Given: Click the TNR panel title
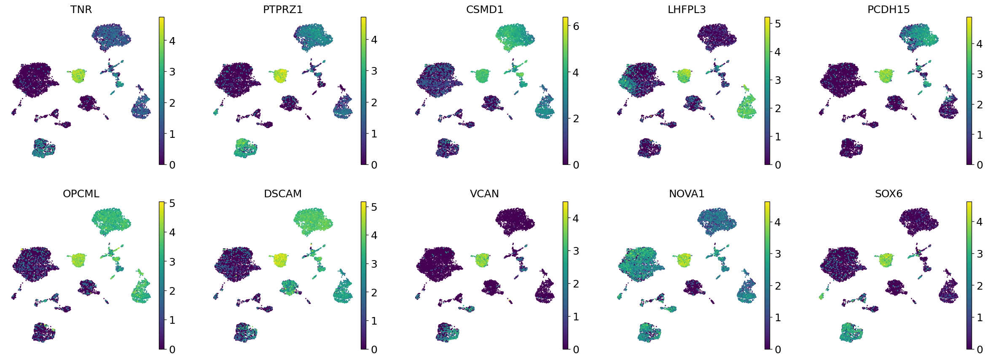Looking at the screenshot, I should pyautogui.click(x=81, y=9).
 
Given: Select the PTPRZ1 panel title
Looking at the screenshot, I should pyautogui.click(x=283, y=9).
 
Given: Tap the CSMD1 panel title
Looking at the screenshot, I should pyautogui.click(x=485, y=9).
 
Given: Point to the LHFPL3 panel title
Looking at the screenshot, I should pyautogui.click(x=687, y=9).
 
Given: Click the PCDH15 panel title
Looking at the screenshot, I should pyautogui.click(x=889, y=9).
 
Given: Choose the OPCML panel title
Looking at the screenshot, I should pyautogui.click(x=81, y=193).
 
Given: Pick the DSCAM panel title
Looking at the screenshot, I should pyautogui.click(x=283, y=193).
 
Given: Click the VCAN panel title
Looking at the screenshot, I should pyautogui.click(x=485, y=193).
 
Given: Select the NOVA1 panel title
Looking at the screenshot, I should pyautogui.click(x=687, y=193).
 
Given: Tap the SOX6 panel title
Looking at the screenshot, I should pyautogui.click(x=889, y=193).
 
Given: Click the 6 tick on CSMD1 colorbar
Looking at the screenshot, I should pyautogui.click(x=576, y=26).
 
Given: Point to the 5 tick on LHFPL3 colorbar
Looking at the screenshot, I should pyautogui.click(x=778, y=24).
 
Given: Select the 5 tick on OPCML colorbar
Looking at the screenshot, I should pyautogui.click(x=172, y=203).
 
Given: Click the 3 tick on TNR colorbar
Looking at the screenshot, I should pyautogui.click(x=172, y=72).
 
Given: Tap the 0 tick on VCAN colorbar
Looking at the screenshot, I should pyautogui.click(x=576, y=349).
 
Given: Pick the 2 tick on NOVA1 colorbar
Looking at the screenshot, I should pyautogui.click(x=778, y=286).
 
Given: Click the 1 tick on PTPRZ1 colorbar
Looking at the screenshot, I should pyautogui.click(x=374, y=134).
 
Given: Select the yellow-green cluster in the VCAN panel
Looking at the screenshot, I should pyautogui.click(x=482, y=260).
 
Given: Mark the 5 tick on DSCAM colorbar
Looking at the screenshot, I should pyautogui.click(x=374, y=207).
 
